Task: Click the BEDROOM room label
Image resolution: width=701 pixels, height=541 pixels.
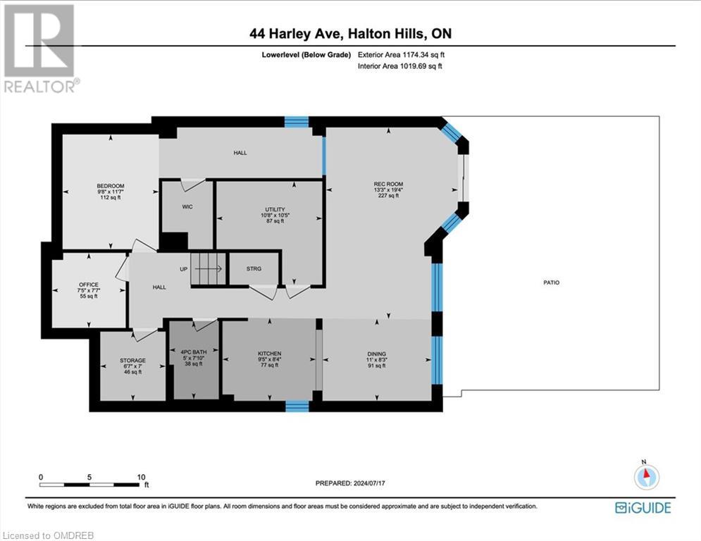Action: pos(110,186)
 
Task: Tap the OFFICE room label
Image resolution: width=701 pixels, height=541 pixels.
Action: pos(88,285)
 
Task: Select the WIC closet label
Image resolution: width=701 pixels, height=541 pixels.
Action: pos(187,206)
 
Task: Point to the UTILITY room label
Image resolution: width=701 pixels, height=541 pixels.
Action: pos(269,209)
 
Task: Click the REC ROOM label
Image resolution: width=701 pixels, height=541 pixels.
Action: pos(388,185)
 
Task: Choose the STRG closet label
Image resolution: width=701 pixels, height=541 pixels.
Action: pos(254,268)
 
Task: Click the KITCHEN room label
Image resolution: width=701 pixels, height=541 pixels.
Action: pos(269,354)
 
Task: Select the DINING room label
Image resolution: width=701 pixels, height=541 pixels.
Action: pos(376,354)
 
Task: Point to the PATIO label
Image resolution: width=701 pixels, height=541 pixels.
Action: pos(551,282)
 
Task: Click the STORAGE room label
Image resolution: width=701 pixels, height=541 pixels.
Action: pos(132,360)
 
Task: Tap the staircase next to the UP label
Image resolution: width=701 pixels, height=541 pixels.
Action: pos(209,268)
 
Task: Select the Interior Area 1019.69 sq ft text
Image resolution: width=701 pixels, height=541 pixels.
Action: pos(401,66)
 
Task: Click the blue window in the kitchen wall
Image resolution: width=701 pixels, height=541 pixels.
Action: pos(297,406)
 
